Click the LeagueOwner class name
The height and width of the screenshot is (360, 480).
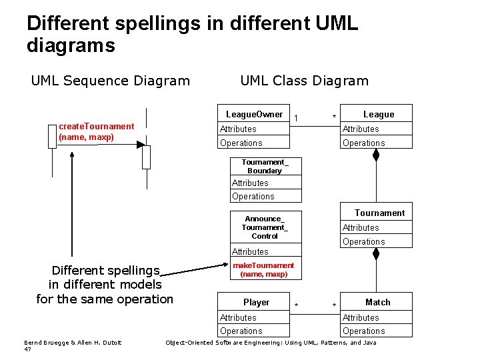pos(254,114)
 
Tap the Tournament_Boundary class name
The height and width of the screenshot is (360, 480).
pos(265,166)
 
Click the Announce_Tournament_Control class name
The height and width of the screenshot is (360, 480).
pos(265,227)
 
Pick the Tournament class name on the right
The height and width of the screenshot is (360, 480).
pos(379,213)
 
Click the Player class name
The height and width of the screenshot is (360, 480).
pos(256,302)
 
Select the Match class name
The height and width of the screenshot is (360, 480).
pos(377,302)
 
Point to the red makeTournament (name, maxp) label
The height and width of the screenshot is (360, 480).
pos(263,269)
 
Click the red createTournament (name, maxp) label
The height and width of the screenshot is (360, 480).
pos(96,131)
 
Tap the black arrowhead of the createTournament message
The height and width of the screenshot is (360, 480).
pos(140,144)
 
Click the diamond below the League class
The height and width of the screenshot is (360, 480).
pos(376,155)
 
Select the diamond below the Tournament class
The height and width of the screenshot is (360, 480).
pos(376,254)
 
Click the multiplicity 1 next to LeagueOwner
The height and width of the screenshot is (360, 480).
pos(296,118)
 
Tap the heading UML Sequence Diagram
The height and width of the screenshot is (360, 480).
pos(111,81)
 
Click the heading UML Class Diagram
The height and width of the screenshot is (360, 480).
pos(304,81)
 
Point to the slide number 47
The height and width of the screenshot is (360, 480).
pos(27,349)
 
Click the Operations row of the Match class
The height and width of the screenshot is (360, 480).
pos(364,331)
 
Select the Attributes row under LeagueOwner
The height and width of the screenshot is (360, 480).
pos(238,129)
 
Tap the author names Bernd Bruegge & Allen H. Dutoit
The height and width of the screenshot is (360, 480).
pos(73,343)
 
